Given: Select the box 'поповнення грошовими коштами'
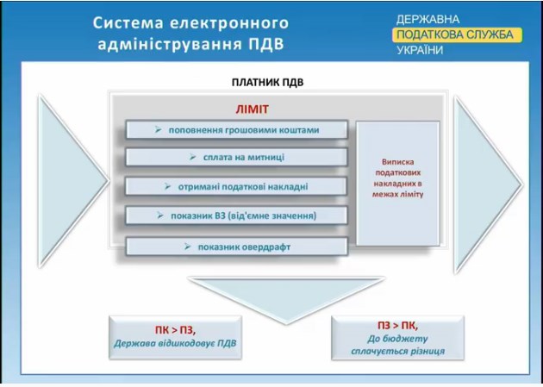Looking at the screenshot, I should [236, 130].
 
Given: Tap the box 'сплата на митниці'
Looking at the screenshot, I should [236, 158].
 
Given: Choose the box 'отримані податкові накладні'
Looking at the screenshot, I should [236, 186].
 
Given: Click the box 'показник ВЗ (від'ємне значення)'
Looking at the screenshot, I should [236, 215].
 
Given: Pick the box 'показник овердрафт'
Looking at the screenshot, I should [236, 247].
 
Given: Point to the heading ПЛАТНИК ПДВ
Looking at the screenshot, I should [267, 84].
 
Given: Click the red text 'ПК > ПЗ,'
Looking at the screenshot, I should [178, 328].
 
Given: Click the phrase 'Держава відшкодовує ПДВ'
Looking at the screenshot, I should [178, 343].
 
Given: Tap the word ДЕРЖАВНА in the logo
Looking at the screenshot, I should [428, 19].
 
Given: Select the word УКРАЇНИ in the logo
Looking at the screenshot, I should [420, 50].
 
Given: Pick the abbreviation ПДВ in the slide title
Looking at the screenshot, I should [262, 41].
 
